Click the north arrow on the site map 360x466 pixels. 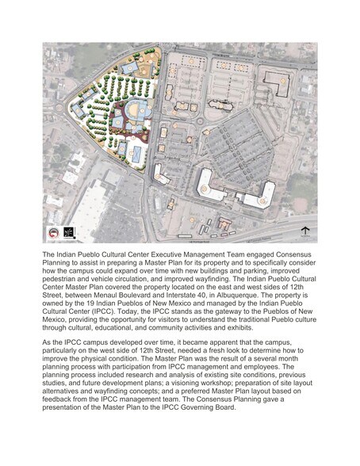pos(304,231)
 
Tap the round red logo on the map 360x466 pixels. pos(52,231)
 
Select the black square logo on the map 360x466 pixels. pos(67,231)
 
